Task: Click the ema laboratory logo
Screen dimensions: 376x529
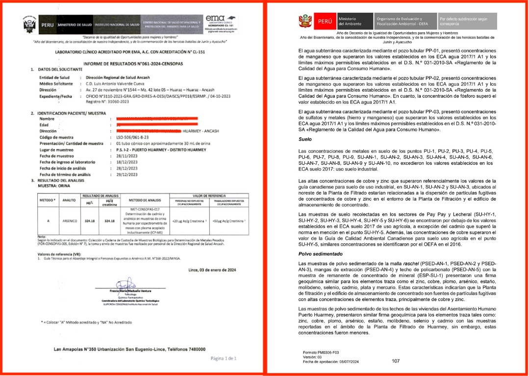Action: tap(221, 21)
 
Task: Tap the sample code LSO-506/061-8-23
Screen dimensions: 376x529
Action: tap(131, 138)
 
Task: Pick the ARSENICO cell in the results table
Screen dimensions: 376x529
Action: tap(69, 221)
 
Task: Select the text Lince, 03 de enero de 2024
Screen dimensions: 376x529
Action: tap(212, 270)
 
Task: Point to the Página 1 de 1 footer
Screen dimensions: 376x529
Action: tap(224, 358)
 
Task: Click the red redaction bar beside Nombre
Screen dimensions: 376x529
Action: tap(154, 119)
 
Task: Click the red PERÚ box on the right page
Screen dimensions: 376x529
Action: tap(325, 22)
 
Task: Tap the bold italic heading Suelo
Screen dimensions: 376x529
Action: tap(305, 140)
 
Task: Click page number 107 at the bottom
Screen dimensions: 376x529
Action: tap(397, 361)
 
